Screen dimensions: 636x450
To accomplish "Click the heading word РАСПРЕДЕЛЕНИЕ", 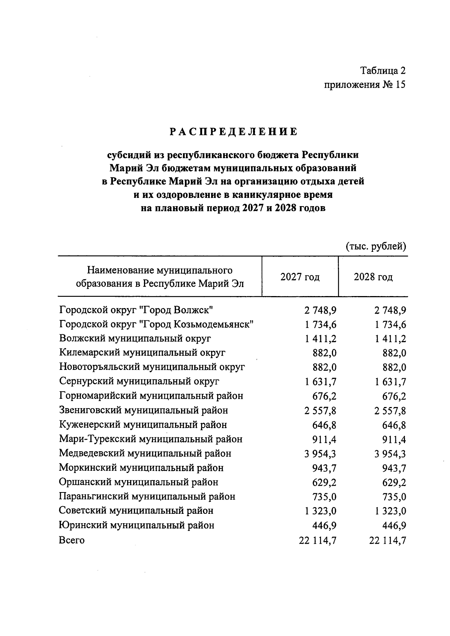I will pyautogui.click(x=234, y=132).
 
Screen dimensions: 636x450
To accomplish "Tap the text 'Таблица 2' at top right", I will pyautogui.click(x=383, y=70).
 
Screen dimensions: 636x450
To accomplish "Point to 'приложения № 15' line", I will pyautogui.click(x=365, y=85).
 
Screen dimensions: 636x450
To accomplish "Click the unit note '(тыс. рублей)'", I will pyautogui.click(x=376, y=247).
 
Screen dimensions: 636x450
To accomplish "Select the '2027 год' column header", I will pyautogui.click(x=300, y=277).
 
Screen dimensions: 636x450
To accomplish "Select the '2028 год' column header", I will pyautogui.click(x=373, y=277).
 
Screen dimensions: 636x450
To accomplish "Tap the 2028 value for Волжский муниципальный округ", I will pyautogui.click(x=390, y=339).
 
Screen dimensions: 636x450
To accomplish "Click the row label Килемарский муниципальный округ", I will pyautogui.click(x=142, y=353).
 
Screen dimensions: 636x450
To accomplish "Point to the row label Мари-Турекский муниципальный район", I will pyautogui.click(x=151, y=439).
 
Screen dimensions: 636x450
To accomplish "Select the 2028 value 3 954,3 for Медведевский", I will pyautogui.click(x=390, y=454).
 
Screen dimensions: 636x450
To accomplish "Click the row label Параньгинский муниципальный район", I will pyautogui.click(x=147, y=497).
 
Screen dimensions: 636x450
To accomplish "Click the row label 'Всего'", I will pyautogui.click(x=72, y=540).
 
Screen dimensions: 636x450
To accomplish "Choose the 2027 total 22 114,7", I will pyautogui.click(x=317, y=540).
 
